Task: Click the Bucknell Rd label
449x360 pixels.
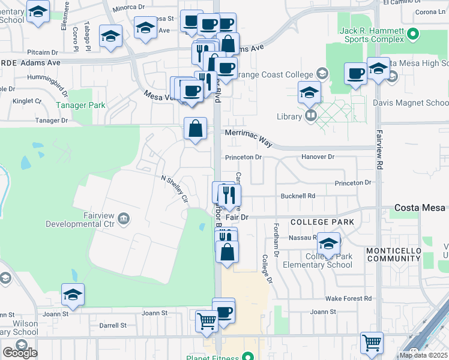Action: click(298, 196)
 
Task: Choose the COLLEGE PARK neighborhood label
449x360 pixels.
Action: click(322, 222)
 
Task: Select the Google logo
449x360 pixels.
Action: click(20, 352)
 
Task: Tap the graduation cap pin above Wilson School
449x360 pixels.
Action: click(73, 295)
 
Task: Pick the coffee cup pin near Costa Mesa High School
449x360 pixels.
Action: click(355, 73)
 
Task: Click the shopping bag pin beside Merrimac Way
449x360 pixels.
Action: click(196, 128)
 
